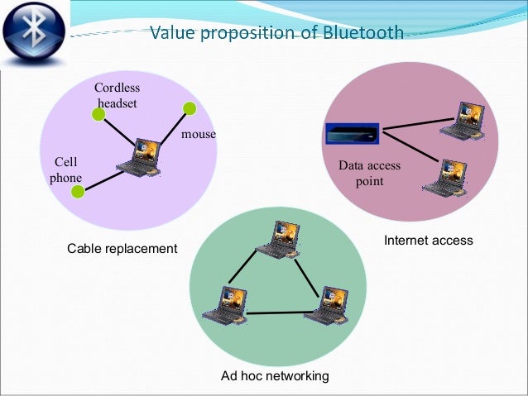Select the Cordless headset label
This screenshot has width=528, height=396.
(117, 95)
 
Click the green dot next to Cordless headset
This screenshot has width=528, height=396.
(98, 115)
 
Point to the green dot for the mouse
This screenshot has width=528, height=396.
(190, 107)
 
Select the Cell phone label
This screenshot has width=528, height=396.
(65, 169)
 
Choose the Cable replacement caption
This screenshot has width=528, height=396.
(122, 249)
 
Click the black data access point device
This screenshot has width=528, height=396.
(351, 134)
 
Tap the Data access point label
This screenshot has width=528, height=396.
(369, 174)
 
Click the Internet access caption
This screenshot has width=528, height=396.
(428, 241)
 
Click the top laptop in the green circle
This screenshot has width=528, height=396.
(276, 239)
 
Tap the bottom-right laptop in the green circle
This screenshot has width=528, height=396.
(325, 305)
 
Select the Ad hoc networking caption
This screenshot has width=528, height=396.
(275, 376)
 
